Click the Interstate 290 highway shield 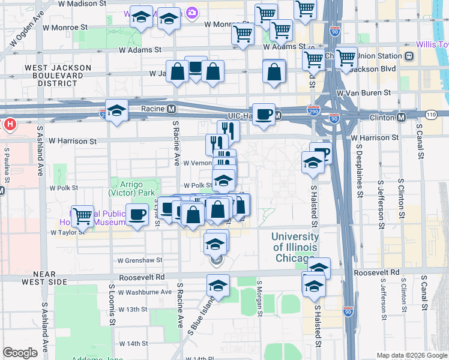point(313,111)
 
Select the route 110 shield point(430,114)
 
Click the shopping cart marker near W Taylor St point(82,214)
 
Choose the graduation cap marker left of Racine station point(117,110)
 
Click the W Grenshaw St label point(140,260)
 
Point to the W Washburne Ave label point(145,292)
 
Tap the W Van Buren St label point(364,93)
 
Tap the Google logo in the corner point(20,352)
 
